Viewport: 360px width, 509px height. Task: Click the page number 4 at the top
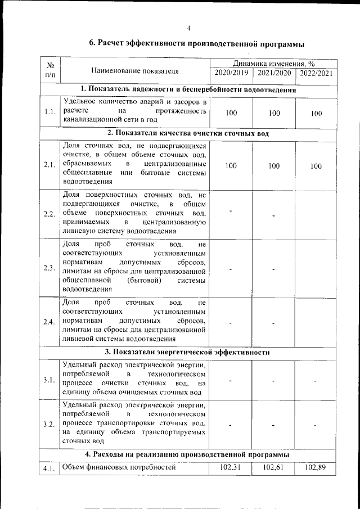coord(188,28)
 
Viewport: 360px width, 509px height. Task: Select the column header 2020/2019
coord(231,73)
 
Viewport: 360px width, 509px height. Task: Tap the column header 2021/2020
coord(274,73)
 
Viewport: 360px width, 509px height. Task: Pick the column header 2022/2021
coord(316,73)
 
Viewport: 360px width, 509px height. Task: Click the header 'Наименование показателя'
coord(134,71)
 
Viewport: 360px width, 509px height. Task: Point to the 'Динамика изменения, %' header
coord(273,64)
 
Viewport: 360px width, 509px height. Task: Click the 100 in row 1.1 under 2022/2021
coord(316,113)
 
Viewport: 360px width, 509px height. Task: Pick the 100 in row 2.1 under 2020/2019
coord(231,166)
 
